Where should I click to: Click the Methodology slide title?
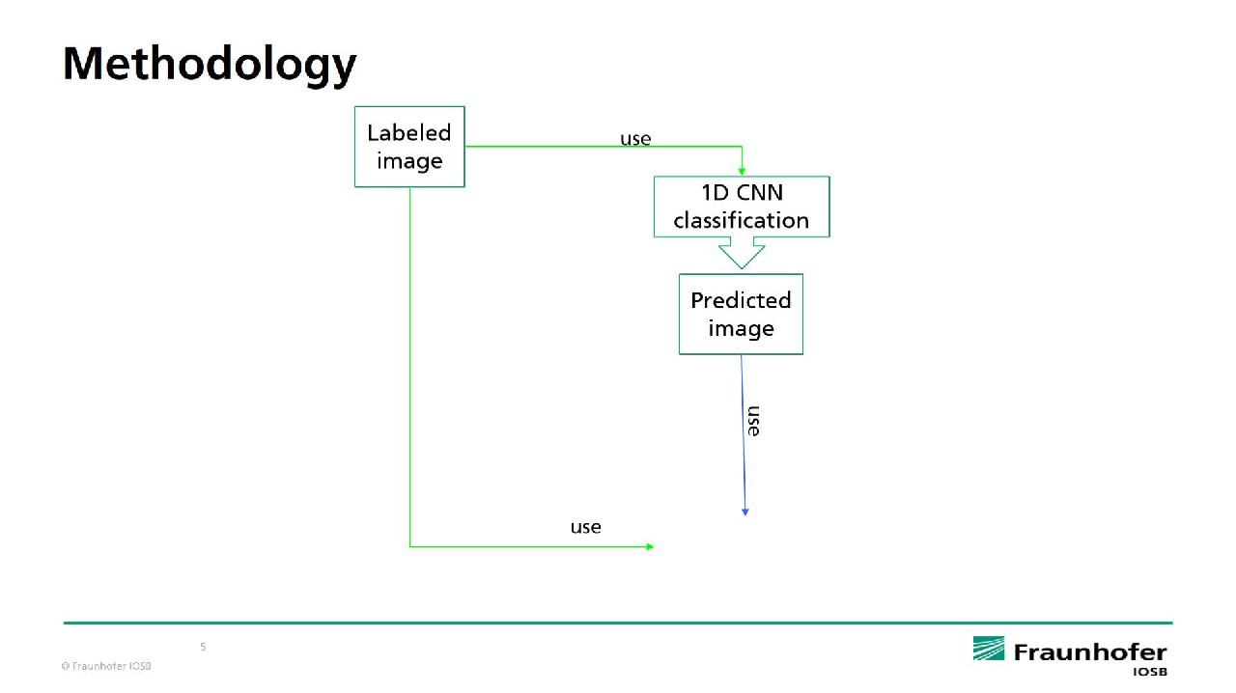point(210,64)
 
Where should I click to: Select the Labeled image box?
point(409,147)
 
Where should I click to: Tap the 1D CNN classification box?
point(742,207)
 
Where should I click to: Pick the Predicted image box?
point(741,314)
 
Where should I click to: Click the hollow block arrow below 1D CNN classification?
point(742,254)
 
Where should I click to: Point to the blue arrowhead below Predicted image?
point(744,512)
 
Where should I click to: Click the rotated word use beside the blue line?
point(753,421)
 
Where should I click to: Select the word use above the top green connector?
point(635,139)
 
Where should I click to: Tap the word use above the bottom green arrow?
point(585,527)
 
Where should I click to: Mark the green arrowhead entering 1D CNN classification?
point(742,171)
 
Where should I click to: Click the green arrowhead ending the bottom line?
point(650,546)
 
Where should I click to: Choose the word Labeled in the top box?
point(408,133)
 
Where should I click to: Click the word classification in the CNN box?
point(742,221)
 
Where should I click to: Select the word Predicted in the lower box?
point(741,300)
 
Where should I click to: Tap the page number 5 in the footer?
point(203,647)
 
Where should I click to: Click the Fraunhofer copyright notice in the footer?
point(106,666)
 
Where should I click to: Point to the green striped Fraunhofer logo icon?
point(988,649)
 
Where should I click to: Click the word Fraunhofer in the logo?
point(1090,652)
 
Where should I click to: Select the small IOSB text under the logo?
point(1149,671)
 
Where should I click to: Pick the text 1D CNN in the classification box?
point(742,193)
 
